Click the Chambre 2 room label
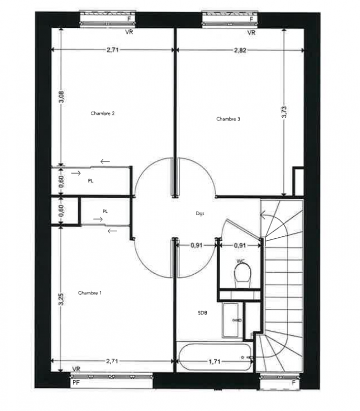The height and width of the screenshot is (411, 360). tap(102, 114)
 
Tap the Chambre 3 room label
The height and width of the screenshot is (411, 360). tap(228, 119)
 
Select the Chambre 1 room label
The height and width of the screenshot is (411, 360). tap(89, 293)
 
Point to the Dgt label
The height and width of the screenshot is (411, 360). tap(200, 214)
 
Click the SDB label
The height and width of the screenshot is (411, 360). tap(202, 313)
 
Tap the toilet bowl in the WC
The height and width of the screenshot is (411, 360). tap(242, 273)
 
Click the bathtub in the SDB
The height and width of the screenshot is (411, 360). tap(214, 357)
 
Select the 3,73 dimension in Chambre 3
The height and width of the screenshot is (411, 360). tap(284, 112)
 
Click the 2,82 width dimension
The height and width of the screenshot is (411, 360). tap(240, 50)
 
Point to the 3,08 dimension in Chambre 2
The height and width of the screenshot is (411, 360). tap(61, 97)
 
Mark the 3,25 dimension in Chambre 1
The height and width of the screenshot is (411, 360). tap(61, 300)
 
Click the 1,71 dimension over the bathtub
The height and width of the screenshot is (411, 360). tap(214, 362)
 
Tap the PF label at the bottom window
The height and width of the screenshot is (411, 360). tap(76, 383)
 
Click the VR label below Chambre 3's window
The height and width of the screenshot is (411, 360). tap(251, 33)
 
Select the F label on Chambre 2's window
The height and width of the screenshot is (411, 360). tap(129, 19)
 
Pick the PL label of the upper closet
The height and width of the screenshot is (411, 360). tap(91, 181)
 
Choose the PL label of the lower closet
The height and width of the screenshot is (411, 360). tap(105, 211)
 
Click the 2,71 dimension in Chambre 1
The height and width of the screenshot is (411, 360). tap(112, 361)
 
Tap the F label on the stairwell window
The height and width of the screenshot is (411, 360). tap(294, 382)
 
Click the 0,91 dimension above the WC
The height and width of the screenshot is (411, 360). tap(240, 246)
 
